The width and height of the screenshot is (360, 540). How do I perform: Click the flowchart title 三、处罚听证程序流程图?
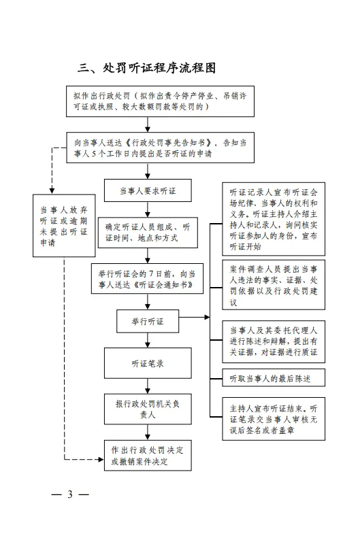click(x=147, y=67)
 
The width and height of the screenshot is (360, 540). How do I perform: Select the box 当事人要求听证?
click(x=148, y=190)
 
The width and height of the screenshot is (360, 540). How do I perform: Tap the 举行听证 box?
click(x=148, y=321)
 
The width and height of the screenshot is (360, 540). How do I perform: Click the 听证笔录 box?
click(x=148, y=363)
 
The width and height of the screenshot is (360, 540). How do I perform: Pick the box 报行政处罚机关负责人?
click(x=148, y=409)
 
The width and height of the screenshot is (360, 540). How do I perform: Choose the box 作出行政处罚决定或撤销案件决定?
click(x=148, y=455)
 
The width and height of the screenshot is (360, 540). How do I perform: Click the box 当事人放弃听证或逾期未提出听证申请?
click(x=64, y=226)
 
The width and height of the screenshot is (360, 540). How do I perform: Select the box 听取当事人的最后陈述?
click(x=274, y=378)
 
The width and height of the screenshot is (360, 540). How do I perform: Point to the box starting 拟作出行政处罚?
click(x=160, y=101)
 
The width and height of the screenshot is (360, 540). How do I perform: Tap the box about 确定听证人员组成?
click(x=148, y=233)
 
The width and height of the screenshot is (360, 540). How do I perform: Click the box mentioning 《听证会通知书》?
click(x=148, y=279)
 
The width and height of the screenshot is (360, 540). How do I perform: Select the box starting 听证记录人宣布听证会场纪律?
click(x=274, y=219)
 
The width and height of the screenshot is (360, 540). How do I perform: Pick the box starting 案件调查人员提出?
click(x=274, y=285)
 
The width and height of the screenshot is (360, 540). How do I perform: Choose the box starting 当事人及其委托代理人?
click(x=274, y=341)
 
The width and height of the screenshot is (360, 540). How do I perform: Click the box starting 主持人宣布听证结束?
click(x=274, y=419)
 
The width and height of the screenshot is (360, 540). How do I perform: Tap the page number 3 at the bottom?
click(x=70, y=494)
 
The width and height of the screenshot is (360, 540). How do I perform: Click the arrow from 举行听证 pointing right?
click(x=195, y=317)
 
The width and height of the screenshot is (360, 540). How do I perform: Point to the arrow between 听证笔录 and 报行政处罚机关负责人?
click(x=148, y=386)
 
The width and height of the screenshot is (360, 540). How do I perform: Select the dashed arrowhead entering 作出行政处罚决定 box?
click(x=101, y=459)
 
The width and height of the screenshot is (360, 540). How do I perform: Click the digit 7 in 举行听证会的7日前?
click(x=152, y=274)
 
